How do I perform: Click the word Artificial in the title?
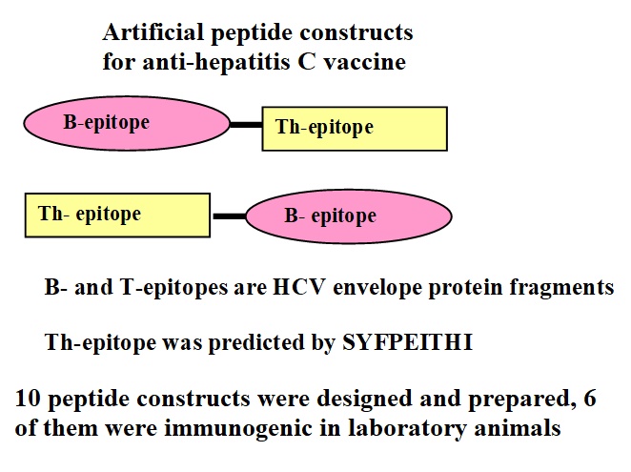click(153, 31)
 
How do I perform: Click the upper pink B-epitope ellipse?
click(127, 123)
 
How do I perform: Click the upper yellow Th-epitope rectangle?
click(355, 129)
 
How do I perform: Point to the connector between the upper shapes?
click(246, 125)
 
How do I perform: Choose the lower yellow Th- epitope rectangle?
click(117, 215)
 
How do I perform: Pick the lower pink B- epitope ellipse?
click(349, 216)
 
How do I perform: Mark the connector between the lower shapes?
click(229, 216)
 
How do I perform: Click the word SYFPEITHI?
click(407, 342)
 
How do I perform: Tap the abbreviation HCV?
click(299, 288)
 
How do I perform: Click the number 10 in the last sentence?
click(28, 399)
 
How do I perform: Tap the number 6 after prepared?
click(590, 399)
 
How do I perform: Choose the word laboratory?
click(406, 429)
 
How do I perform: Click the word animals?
click(518, 428)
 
